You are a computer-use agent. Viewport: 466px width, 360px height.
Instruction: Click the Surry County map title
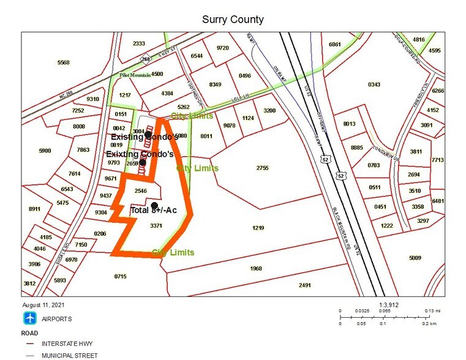pos(233,19)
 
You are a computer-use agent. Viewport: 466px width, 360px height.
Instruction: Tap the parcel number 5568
pos(63,62)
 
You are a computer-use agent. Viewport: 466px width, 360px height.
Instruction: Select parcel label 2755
pos(262,168)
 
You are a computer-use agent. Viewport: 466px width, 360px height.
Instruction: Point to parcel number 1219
pos(258,228)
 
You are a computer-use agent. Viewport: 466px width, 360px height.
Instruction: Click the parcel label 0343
pos(374,84)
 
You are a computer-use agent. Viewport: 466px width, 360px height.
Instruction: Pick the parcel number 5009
pos(415,258)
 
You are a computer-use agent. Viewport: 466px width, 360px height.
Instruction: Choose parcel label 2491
pos(304,285)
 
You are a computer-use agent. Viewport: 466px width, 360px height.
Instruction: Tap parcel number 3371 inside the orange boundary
pos(156,226)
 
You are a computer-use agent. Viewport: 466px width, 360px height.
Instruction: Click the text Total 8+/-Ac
pos(154,210)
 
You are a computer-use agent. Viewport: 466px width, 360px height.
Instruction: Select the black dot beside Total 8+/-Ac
pos(155,205)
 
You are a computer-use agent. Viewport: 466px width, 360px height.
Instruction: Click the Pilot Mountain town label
pos(135,75)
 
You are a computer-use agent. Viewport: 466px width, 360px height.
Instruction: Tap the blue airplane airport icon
pos(30,318)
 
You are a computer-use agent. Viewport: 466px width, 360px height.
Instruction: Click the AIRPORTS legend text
pos(56,319)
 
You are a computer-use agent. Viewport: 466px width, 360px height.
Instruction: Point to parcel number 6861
pos(334,45)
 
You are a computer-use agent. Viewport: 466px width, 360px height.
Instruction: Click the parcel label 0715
pos(120,277)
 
